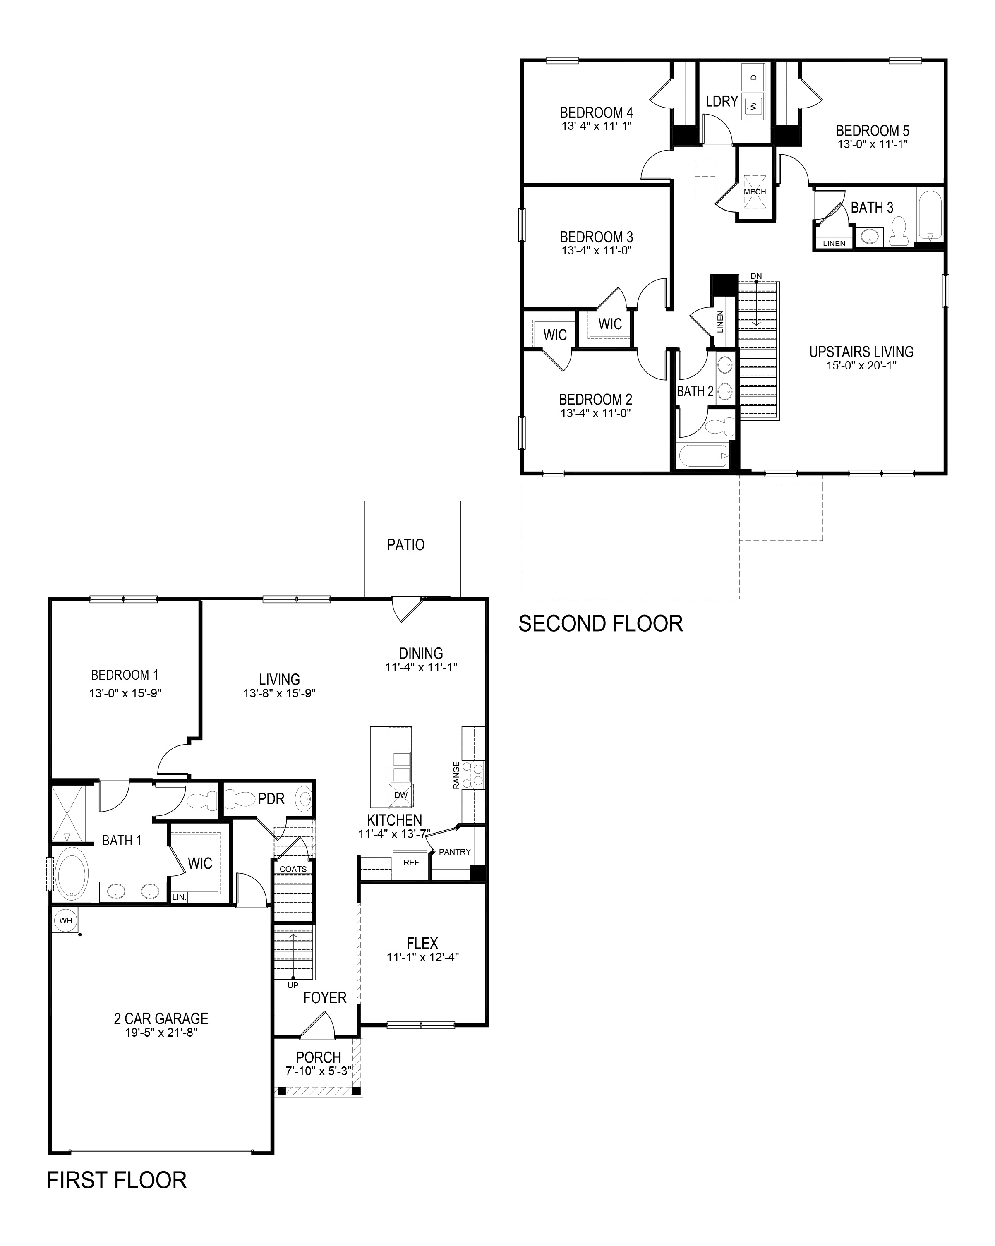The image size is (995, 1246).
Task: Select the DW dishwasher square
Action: tap(400, 795)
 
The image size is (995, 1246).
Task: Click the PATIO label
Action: tap(405, 544)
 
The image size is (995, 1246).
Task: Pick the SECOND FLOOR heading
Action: tap(600, 623)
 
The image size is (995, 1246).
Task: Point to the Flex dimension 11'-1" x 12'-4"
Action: tap(422, 957)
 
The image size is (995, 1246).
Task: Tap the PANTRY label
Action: tap(455, 852)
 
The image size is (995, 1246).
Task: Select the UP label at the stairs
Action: tap(293, 985)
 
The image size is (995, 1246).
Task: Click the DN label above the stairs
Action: tap(756, 276)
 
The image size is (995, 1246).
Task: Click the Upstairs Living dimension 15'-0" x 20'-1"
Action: tap(861, 365)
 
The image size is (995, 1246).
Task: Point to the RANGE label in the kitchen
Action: tap(456, 775)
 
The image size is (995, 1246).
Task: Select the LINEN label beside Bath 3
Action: tap(834, 243)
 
